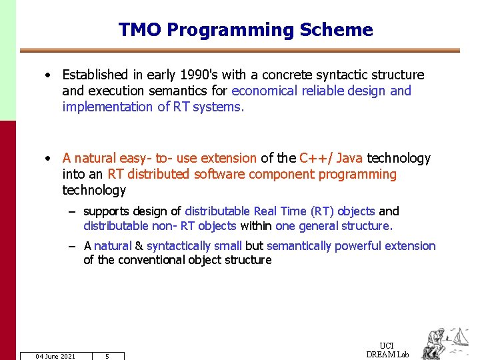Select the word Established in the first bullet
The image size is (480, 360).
coord(95,75)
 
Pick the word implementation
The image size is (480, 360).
coord(107,107)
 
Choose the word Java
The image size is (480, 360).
coord(350,158)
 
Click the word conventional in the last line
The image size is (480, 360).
coord(147,260)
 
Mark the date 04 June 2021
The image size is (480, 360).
coord(55,356)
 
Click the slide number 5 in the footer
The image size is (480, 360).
coord(107,356)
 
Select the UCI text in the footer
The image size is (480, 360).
coord(387,345)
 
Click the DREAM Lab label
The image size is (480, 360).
coord(387,354)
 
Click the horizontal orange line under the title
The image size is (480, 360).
coord(240,51)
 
